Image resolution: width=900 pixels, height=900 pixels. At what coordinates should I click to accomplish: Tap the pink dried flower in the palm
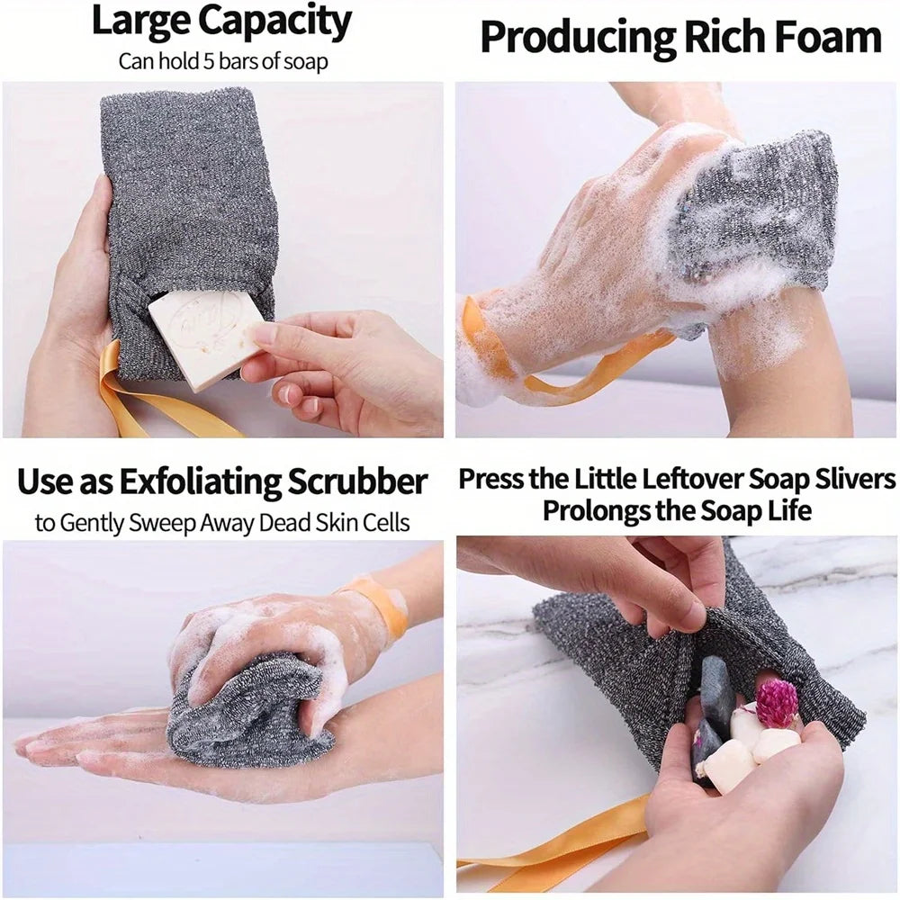click(777, 703)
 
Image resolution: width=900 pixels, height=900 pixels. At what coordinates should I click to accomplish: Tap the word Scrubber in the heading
click(356, 482)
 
